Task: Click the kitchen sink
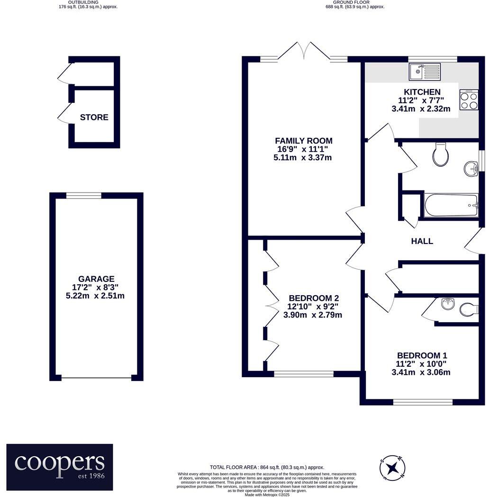click(425, 72)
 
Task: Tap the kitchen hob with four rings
click(469, 100)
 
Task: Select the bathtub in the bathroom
click(451, 205)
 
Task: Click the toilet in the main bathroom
click(441, 154)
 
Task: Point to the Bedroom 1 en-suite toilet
click(469, 310)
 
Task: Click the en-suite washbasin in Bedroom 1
click(448, 304)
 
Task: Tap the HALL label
click(422, 241)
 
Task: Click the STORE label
click(94, 117)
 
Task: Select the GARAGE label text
click(96, 279)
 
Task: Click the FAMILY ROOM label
click(304, 141)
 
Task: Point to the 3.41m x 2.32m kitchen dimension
click(421, 108)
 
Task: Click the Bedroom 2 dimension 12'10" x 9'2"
click(313, 307)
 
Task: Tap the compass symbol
click(393, 467)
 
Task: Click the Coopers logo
click(60, 467)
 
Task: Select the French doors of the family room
click(304, 51)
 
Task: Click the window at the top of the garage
click(84, 196)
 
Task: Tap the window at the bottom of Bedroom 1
click(423, 402)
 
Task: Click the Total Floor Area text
click(267, 467)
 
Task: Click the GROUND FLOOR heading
click(351, 2)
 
